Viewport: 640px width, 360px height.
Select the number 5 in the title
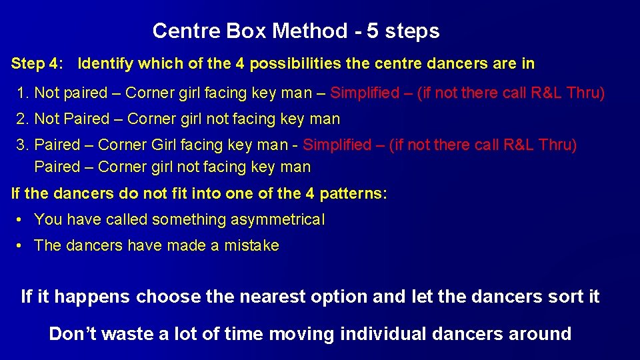[x=373, y=31]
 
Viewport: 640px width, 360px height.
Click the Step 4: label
[x=38, y=64]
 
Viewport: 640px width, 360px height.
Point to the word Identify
[x=105, y=64]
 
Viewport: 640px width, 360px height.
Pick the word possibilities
[x=291, y=64]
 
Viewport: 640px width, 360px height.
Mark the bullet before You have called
[x=21, y=219]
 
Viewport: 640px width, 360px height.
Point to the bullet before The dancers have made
[x=21, y=245]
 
